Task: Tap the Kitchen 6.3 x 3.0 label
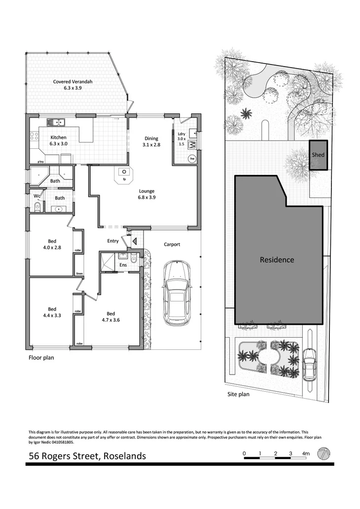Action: [58, 140]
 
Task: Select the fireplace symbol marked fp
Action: [124, 173]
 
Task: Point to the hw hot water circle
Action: [192, 159]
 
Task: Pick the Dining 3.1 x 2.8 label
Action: [151, 141]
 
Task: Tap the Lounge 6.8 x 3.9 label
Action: [146, 194]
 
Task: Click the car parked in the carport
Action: [177, 293]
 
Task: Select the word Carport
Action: [172, 244]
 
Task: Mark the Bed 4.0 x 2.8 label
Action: [51, 244]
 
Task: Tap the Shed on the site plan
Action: [318, 155]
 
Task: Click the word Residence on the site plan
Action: [277, 260]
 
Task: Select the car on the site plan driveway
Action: [309, 364]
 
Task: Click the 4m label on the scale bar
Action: [306, 453]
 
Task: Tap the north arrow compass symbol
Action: [324, 453]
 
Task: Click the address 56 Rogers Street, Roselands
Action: [87, 456]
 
